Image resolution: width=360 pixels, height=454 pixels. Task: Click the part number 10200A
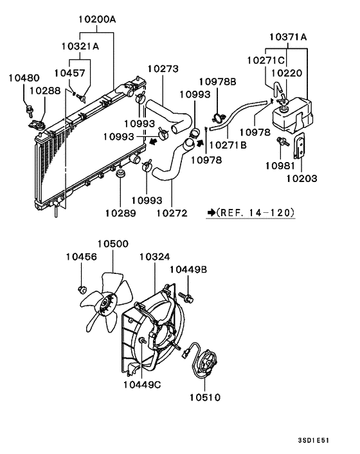pos(98,19)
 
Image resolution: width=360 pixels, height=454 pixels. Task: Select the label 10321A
pos(80,46)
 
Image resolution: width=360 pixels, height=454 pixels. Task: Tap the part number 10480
pos(23,78)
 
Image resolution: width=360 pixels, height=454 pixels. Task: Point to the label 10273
pos(163,68)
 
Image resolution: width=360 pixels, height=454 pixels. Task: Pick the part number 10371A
pos(287,37)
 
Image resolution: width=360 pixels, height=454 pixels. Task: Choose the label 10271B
pos(228,145)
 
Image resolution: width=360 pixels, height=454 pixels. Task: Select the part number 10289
pos(120,212)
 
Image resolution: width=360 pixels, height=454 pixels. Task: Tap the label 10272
pos(172,212)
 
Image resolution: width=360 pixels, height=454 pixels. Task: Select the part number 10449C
pos(141,385)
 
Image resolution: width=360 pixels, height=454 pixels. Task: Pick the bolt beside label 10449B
pos(187,297)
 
